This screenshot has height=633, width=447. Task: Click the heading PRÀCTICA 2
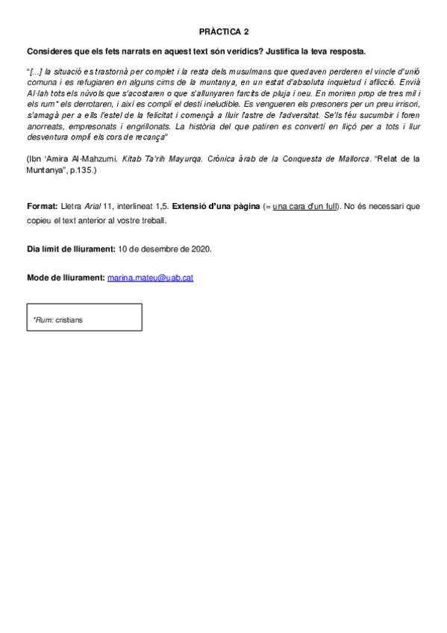click(x=224, y=32)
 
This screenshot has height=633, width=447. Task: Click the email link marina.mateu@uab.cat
click(x=151, y=278)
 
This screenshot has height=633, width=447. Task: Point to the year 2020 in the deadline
click(x=201, y=249)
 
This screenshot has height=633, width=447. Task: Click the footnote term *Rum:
click(x=43, y=319)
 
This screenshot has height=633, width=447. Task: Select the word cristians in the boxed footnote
click(x=69, y=319)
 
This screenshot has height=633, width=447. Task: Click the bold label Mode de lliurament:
click(x=66, y=278)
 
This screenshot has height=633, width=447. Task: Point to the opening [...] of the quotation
click(x=35, y=71)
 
